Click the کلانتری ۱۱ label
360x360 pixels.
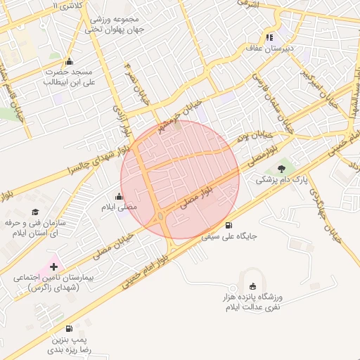pyautogui.click(x=67, y=6)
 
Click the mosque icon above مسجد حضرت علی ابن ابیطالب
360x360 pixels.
pyautogui.click(x=69, y=61)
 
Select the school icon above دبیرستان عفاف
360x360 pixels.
pyautogui.click(x=269, y=37)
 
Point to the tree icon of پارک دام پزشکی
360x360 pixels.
pyautogui.click(x=282, y=169)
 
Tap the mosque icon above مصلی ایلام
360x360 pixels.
pyautogui.click(x=118, y=197)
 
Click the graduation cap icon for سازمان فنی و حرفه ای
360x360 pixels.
pyautogui.click(x=36, y=212)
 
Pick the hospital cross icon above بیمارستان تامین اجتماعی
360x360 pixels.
pyautogui.click(x=53, y=266)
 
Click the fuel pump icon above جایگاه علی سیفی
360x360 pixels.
pyautogui.click(x=229, y=225)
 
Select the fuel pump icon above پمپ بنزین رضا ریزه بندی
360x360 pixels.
pyautogui.click(x=69, y=328)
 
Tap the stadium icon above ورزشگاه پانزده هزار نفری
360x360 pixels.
pyautogui.click(x=252, y=285)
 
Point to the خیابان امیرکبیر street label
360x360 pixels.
pyautogui.click(x=317, y=82)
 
